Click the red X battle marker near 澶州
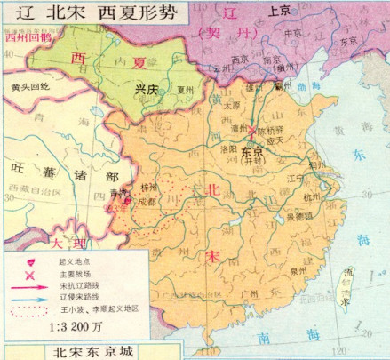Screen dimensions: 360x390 coord(252,131)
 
